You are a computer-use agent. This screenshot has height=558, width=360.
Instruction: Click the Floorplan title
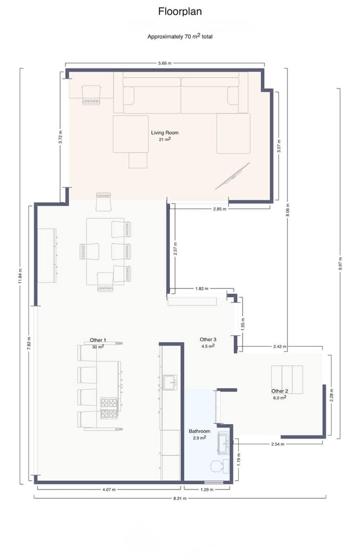point(180,12)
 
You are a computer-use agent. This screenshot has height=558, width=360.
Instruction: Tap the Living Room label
point(165,133)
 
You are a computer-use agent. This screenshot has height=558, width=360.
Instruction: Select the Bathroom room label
point(200,431)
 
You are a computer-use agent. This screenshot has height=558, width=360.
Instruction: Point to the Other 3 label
point(208,339)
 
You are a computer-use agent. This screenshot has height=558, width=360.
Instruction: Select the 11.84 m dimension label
point(20,275)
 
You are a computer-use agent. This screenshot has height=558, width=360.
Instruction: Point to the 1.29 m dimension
point(207,489)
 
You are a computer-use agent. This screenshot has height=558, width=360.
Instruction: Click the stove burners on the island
point(109,407)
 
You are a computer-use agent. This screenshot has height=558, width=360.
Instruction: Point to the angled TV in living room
point(232,176)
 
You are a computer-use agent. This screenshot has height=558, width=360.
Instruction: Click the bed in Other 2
point(287,373)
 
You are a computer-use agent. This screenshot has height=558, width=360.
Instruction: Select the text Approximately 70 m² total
point(180,36)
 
